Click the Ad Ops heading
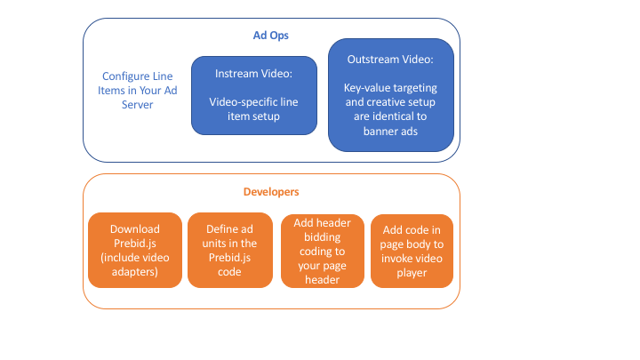tap(271, 35)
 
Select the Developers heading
tap(271, 191)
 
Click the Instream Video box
tap(253, 95)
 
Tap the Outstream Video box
tap(391, 93)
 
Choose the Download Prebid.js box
tap(134, 251)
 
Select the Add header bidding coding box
tap(323, 251)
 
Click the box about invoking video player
tap(412, 251)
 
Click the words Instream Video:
tap(253, 73)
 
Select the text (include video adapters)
tap(134, 264)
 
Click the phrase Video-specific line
tap(253, 102)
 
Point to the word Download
tap(134, 228)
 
